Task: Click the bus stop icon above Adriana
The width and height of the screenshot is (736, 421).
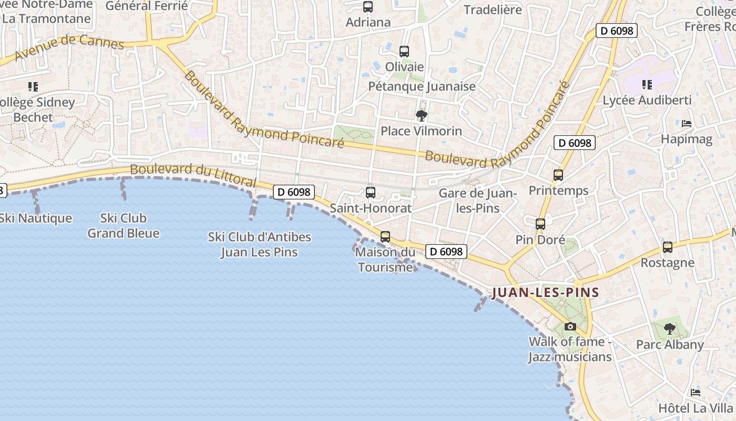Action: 368,7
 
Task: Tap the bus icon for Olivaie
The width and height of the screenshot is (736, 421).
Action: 404,52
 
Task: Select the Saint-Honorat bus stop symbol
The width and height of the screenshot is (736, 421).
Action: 371,193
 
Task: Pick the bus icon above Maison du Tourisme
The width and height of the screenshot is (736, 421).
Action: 385,237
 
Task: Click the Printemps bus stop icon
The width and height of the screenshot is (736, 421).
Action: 558,175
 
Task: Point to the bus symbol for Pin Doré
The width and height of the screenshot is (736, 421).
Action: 540,224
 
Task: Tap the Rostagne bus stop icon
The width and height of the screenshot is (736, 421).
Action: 668,247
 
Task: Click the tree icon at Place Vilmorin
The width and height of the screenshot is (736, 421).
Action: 421,116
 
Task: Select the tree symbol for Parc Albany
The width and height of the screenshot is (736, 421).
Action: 669,329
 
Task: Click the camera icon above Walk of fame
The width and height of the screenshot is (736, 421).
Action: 570,327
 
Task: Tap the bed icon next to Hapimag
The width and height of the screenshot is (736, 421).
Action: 687,124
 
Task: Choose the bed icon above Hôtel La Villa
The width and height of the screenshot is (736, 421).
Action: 696,393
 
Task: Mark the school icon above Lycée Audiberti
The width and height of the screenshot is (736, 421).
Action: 647,85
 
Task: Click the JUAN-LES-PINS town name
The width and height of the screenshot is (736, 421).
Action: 545,293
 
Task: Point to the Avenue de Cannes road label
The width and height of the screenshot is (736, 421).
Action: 69,47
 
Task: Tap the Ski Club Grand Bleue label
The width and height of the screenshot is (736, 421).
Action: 124,225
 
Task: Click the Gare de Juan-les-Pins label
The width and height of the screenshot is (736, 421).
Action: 478,201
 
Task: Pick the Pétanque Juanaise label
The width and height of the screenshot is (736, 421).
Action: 422,86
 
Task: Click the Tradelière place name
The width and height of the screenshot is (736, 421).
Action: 493,9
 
